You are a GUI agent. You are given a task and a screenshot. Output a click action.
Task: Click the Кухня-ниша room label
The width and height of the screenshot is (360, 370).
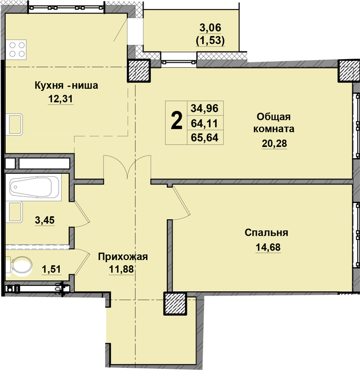pyautogui.click(x=66, y=86)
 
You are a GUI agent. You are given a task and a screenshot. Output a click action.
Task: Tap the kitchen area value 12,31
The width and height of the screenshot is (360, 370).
pyautogui.click(x=61, y=99)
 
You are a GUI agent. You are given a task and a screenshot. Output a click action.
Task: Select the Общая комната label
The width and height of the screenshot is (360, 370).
pyautogui.click(x=274, y=123)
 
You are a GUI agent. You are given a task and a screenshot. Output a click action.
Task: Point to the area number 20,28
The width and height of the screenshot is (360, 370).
pyautogui.click(x=274, y=143)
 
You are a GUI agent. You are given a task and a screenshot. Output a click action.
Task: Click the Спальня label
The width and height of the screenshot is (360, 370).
pyautogui.click(x=266, y=233)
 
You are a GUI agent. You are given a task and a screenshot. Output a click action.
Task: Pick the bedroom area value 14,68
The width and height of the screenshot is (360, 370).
pyautogui.click(x=268, y=247)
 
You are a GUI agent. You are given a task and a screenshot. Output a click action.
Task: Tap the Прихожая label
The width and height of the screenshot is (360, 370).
pyautogui.click(x=123, y=257)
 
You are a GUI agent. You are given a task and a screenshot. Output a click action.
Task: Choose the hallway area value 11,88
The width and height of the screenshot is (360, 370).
pyautogui.click(x=121, y=269)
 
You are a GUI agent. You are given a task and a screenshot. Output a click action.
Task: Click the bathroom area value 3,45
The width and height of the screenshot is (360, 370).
pyautogui.click(x=45, y=220)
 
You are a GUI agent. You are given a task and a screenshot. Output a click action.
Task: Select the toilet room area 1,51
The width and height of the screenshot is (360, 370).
pyautogui.click(x=51, y=269)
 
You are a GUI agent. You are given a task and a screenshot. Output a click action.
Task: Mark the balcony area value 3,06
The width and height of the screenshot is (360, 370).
pyautogui.click(x=211, y=28)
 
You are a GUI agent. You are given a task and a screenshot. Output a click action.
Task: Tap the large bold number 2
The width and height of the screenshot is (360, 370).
pyautogui.click(x=176, y=121)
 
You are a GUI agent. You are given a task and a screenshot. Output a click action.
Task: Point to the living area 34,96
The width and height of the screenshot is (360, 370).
pyautogui.click(x=204, y=108)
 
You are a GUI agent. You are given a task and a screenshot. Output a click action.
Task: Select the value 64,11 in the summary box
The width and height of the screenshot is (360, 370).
pyautogui.click(x=204, y=123)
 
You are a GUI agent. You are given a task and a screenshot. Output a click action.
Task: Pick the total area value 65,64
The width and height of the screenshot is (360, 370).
pyautogui.click(x=204, y=137)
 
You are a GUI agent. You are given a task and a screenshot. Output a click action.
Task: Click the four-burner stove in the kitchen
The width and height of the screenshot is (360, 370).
pyautogui.click(x=16, y=50)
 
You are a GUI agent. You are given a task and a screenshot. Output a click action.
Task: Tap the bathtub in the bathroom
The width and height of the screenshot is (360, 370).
pyautogui.click(x=33, y=187)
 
